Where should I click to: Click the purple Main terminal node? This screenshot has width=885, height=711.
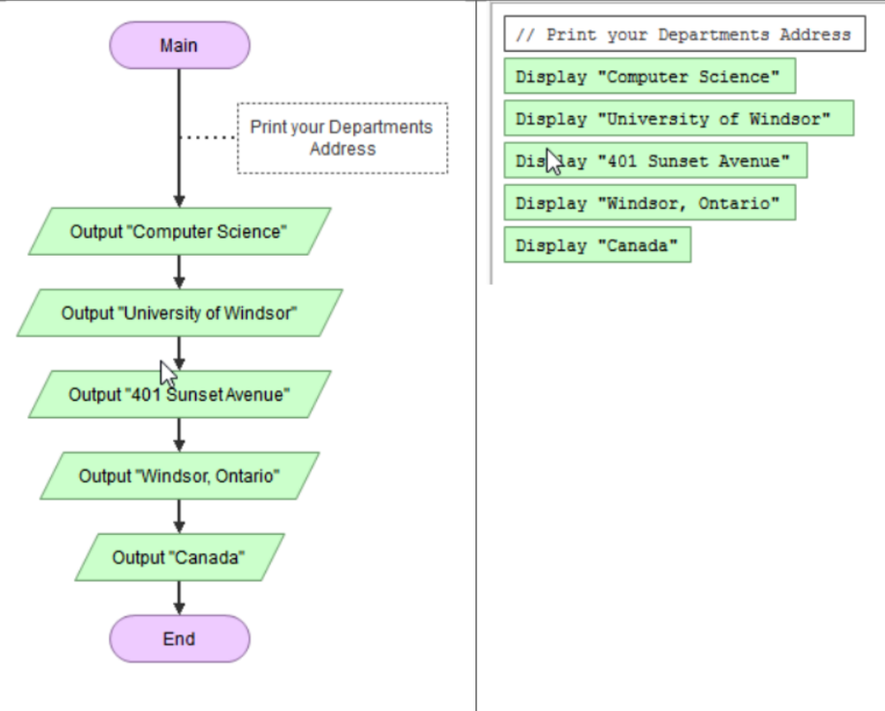point(179,46)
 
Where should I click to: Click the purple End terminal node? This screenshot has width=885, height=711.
point(179,639)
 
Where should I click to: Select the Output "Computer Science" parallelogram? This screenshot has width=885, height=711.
point(179,232)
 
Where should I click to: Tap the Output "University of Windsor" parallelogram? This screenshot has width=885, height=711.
point(179,313)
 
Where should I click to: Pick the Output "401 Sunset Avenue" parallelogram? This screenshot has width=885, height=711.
point(233,395)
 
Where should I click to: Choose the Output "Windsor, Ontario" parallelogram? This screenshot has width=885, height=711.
point(179,476)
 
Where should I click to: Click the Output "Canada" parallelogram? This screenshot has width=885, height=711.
point(179,557)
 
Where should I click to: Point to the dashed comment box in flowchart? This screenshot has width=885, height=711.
point(342,138)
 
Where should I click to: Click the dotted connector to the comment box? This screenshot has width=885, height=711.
point(208,137)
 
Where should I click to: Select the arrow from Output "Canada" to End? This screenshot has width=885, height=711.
point(179,597)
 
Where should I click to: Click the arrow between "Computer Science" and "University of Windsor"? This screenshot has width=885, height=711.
point(179,271)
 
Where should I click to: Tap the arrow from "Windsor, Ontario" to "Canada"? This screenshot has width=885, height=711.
point(179,516)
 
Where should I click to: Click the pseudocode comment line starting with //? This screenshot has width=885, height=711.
point(683,35)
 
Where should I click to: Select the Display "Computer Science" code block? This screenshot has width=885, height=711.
point(648,77)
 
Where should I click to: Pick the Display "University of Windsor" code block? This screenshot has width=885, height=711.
point(678,119)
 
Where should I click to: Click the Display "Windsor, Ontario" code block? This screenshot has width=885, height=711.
point(648,204)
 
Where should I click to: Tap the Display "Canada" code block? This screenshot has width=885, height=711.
point(597,246)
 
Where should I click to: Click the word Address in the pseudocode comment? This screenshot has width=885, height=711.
point(815,35)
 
